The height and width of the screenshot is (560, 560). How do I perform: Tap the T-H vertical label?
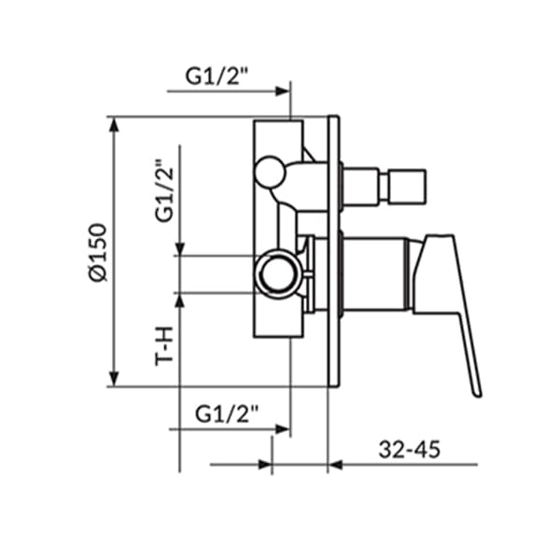pos(165,344)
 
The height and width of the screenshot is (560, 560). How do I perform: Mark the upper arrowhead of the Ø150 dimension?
pos(115,125)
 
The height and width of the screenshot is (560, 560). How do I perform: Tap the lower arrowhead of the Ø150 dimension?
pos(115,378)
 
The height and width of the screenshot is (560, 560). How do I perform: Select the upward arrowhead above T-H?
pos(180,300)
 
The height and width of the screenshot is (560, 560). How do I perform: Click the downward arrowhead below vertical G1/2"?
pos(180,246)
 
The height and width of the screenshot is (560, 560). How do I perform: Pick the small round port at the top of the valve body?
pos(269,171)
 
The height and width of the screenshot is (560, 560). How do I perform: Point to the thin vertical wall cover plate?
pos(334,252)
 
